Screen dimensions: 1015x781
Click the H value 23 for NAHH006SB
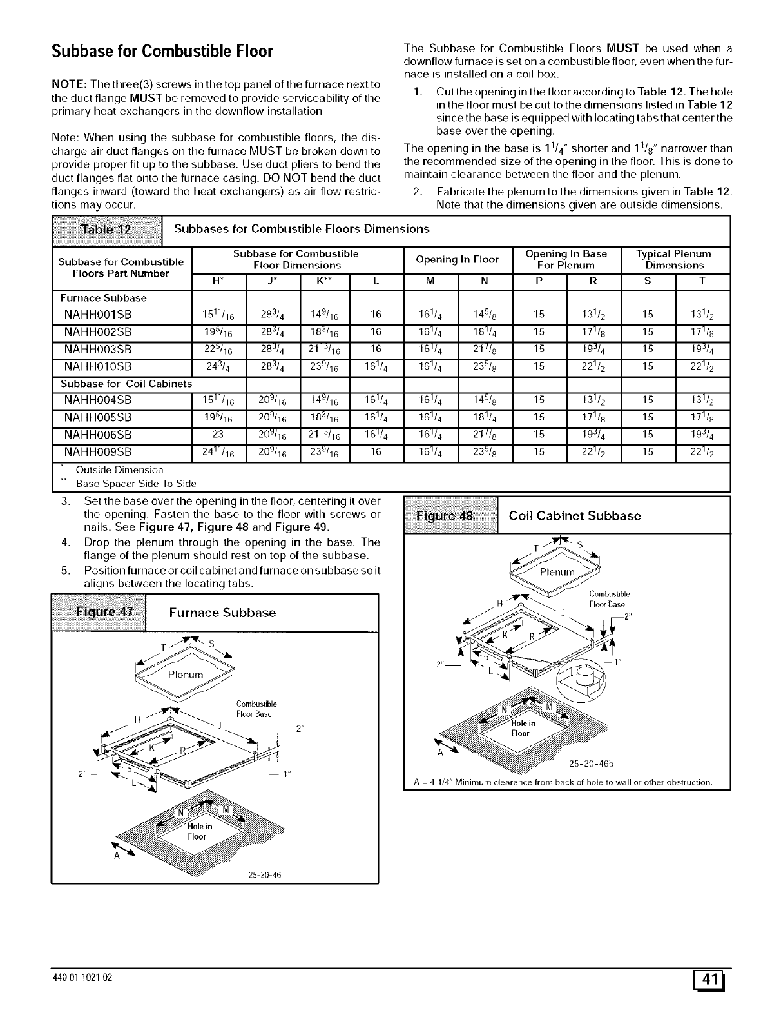218,435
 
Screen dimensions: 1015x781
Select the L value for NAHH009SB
376,451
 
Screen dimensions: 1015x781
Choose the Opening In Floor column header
457,259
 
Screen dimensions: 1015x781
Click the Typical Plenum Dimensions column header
674,259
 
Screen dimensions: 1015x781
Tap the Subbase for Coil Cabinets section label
126,384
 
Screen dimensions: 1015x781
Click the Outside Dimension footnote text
119,469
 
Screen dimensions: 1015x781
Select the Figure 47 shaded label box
99,612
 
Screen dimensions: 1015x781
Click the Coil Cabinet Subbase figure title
575,516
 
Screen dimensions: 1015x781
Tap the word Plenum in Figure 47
185,675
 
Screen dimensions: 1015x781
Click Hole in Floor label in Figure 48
520,729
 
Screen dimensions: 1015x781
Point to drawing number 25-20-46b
592,765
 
